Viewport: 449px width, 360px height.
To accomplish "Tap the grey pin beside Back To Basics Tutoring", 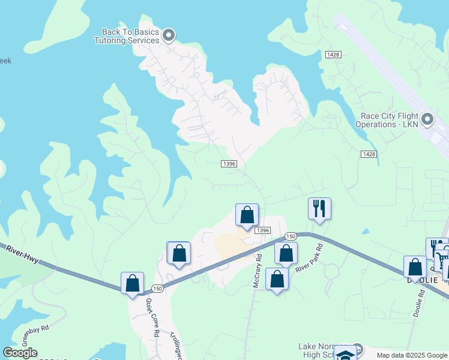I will [x=169, y=35].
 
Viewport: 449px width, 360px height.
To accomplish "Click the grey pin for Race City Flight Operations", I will [x=427, y=119].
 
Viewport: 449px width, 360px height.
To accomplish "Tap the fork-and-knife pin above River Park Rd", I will [x=319, y=209].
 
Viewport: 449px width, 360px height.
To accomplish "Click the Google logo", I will [x=20, y=353].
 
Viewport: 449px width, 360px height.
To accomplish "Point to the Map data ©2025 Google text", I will [x=412, y=355].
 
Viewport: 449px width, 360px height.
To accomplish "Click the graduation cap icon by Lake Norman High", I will [x=345, y=354].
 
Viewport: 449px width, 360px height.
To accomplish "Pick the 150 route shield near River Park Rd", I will [x=291, y=236].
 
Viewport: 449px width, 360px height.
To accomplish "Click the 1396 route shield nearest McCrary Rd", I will [x=261, y=230].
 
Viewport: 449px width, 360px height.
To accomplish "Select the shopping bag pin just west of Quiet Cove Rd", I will [x=132, y=283].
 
